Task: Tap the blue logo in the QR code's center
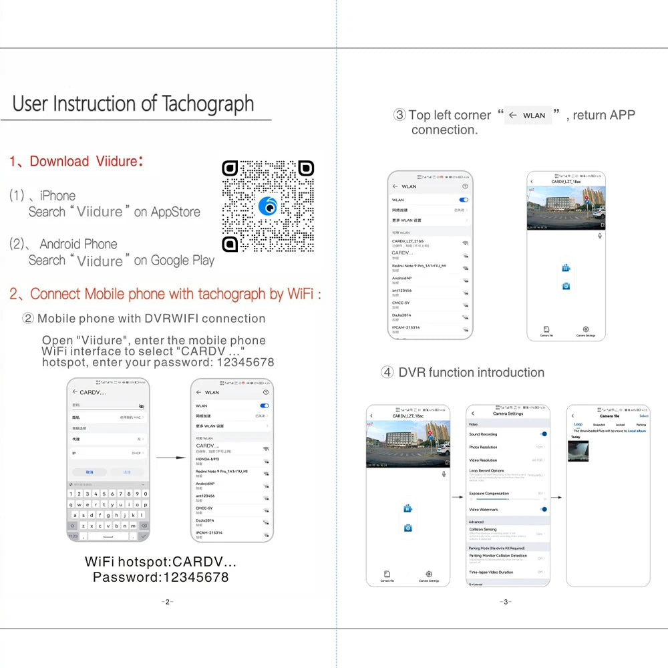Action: [268, 206]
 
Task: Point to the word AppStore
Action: [176, 212]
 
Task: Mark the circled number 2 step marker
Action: [28, 319]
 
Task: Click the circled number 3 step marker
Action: [399, 115]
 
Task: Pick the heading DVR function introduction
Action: [471, 373]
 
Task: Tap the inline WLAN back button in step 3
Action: [528, 116]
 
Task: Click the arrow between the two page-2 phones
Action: [170, 458]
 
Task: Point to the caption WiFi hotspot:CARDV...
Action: [160, 562]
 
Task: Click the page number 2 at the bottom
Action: [167, 602]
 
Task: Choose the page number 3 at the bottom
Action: [506, 602]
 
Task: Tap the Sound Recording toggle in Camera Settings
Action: [544, 434]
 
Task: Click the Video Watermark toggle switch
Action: [544, 509]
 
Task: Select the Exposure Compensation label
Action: [489, 494]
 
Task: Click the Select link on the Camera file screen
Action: [644, 416]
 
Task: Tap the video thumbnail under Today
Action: [578, 451]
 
